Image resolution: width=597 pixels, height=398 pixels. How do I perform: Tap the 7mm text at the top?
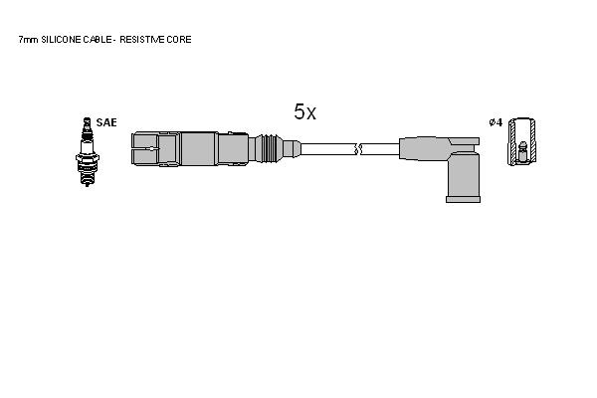pos(28,40)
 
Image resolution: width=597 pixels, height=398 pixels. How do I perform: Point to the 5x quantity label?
pos(305,111)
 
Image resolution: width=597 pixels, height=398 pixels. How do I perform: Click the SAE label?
pos(106,122)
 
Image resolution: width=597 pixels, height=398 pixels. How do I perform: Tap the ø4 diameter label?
pos(496,122)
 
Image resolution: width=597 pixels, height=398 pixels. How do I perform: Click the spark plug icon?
pos(88,151)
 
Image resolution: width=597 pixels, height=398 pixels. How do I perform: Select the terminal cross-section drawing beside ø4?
pos(522,141)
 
